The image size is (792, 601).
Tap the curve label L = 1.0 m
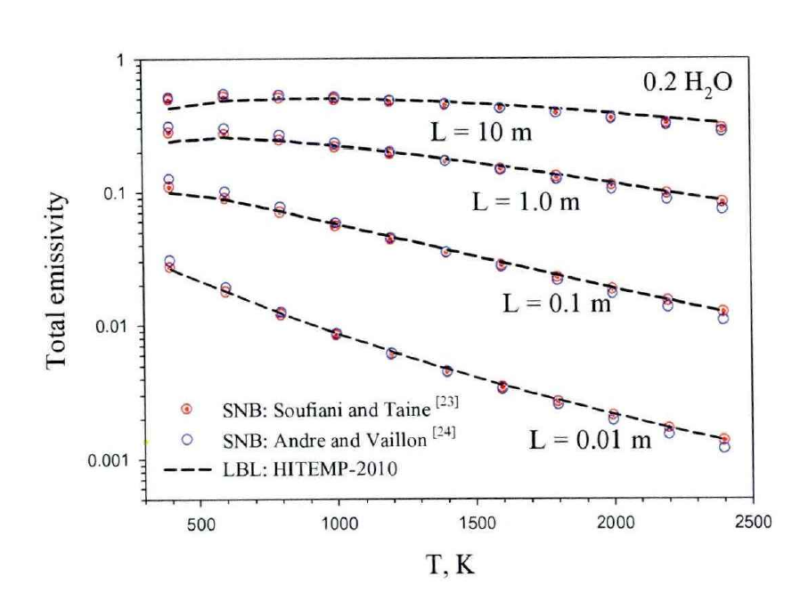point(526,202)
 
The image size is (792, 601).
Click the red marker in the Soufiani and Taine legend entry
point(186,409)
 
